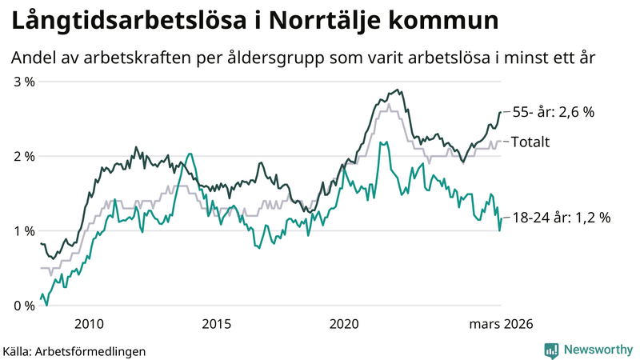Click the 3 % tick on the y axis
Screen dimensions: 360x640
pos(22,82)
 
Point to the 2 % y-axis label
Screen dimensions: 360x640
pos(22,156)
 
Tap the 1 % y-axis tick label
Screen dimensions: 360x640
pos(22,230)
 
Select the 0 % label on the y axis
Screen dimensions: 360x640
pos(22,305)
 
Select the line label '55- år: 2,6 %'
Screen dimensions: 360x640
pos(552,112)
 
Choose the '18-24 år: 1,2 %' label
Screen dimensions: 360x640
pos(561,217)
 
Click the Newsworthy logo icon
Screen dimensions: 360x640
pos(551,350)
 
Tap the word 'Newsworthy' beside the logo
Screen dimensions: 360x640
pos(596,350)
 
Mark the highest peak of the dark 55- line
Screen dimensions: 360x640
pos(399,90)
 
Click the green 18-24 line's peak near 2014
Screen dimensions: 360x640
pos(190,154)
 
